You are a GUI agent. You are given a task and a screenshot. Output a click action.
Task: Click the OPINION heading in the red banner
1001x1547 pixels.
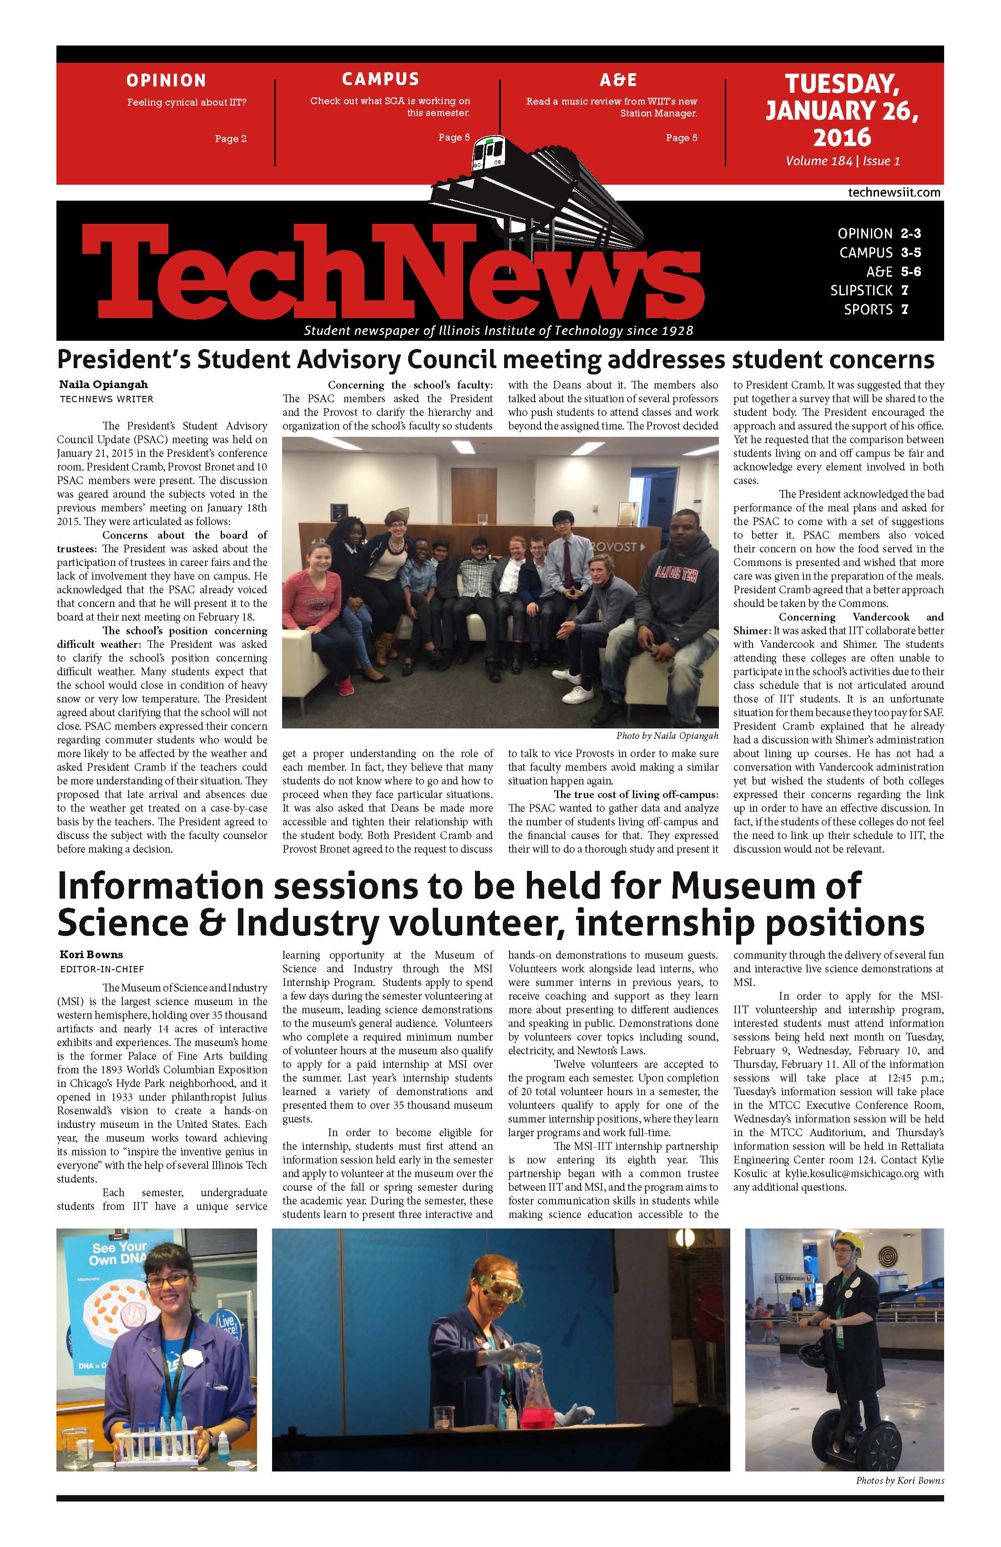coord(166,81)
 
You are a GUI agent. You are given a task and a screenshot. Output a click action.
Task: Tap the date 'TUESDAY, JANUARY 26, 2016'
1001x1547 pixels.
coord(842,111)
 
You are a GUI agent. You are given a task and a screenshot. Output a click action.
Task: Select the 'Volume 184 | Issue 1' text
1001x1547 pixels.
coord(842,161)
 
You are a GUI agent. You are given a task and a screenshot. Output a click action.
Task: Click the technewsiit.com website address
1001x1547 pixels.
coord(894,192)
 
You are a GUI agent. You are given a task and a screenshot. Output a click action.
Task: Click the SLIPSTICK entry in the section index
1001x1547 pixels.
coord(861,291)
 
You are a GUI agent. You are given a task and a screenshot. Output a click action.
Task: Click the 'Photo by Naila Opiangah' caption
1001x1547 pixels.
coord(667,736)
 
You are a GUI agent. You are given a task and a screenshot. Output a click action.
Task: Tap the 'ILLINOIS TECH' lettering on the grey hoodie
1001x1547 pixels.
coord(676,573)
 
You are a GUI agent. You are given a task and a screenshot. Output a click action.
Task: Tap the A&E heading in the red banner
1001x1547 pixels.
coord(617,80)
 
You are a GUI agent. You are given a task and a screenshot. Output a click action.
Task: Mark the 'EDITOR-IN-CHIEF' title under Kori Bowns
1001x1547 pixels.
coord(101,969)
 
